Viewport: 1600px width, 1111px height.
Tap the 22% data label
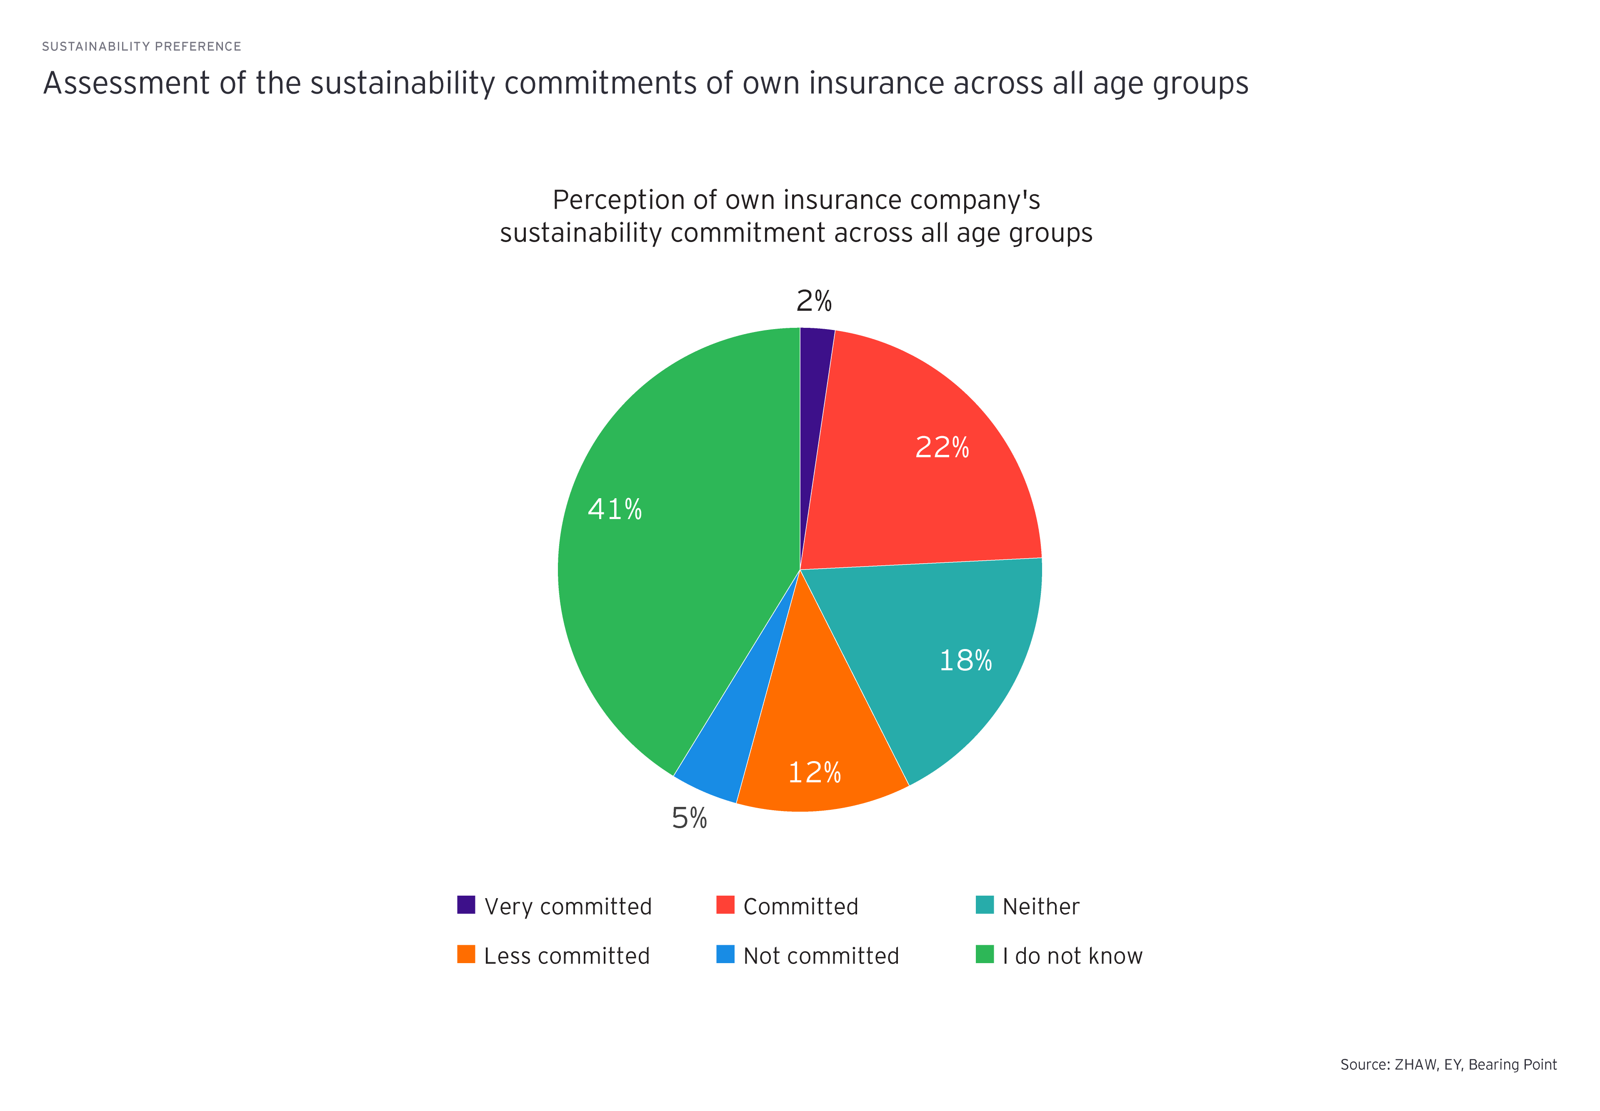[x=941, y=447]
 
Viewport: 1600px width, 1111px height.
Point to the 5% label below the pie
[x=689, y=818]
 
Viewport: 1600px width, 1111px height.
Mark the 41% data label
[x=614, y=509]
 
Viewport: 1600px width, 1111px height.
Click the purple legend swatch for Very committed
[x=466, y=905]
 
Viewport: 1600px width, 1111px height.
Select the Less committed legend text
[x=567, y=956]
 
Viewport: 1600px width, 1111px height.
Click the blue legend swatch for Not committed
[x=725, y=954]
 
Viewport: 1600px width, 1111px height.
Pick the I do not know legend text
[x=1072, y=956]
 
